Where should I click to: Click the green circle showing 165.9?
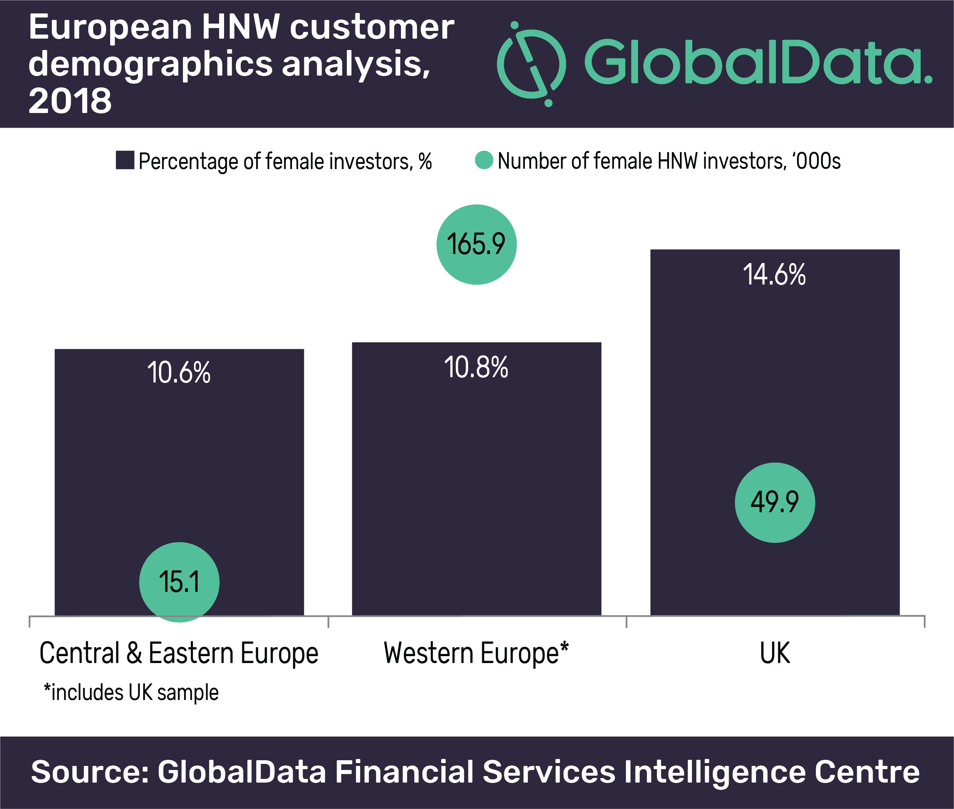pos(476,244)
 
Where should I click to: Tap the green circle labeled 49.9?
pos(775,502)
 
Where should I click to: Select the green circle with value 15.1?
pos(179,582)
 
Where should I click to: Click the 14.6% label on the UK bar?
pos(774,275)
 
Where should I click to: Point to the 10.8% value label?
pos(476,368)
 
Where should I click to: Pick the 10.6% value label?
pos(179,372)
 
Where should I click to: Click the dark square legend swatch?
pos(125,160)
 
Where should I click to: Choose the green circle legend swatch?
pos(484,160)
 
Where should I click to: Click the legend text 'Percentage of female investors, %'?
pos(285,161)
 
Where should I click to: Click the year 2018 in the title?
pos(70,100)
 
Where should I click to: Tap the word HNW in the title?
pos(240,27)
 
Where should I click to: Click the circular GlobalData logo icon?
pos(531,64)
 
